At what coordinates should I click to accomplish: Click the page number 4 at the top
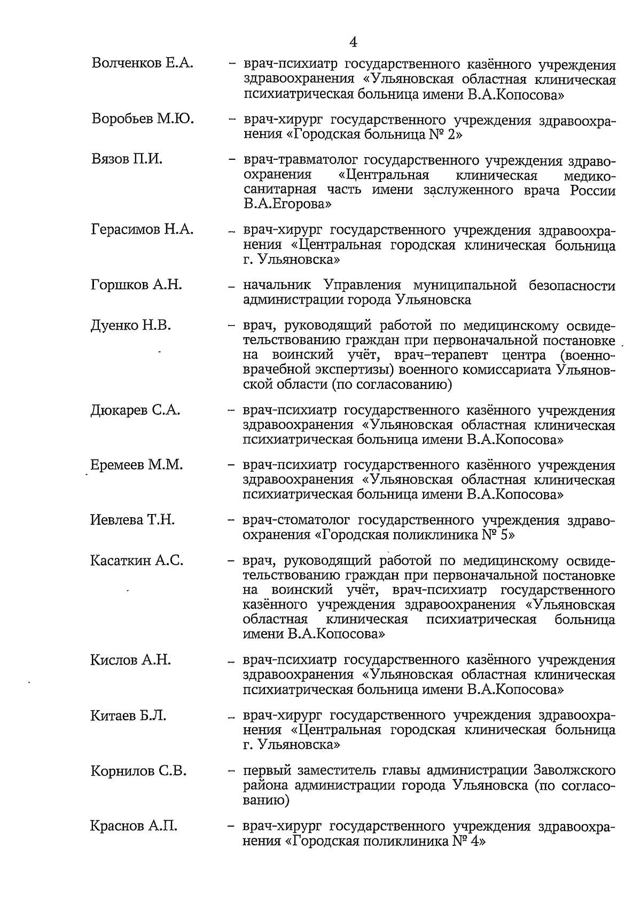pyautogui.click(x=353, y=42)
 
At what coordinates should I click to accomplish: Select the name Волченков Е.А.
pyautogui.click(x=142, y=64)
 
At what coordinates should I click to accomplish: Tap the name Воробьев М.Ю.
pyautogui.click(x=143, y=119)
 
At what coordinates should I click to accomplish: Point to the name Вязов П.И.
pyautogui.click(x=127, y=159)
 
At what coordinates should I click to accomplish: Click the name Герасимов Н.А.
pyautogui.click(x=142, y=230)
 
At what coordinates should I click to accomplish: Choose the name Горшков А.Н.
pyautogui.click(x=136, y=285)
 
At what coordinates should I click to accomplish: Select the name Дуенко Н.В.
pyautogui.click(x=131, y=325)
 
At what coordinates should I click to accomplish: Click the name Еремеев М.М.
pyautogui.click(x=137, y=465)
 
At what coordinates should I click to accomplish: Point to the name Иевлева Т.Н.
pyautogui.click(x=132, y=520)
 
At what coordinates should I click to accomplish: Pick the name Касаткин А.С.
pyautogui.click(x=137, y=561)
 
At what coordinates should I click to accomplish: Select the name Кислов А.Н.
pyautogui.click(x=131, y=660)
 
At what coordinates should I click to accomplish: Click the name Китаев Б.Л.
pyautogui.click(x=128, y=715)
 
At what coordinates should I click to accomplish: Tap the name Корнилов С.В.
pyautogui.click(x=138, y=771)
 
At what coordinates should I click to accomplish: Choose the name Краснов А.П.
pyautogui.click(x=134, y=826)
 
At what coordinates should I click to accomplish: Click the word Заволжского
pyautogui.click(x=575, y=771)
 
